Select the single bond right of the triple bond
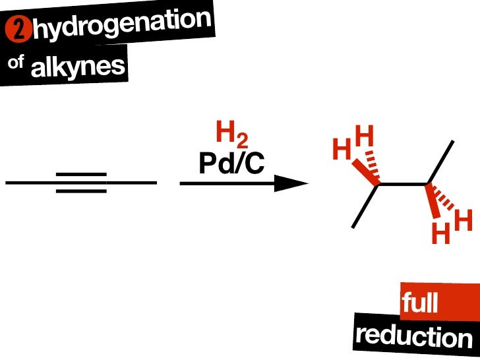pyautogui.click(x=132, y=183)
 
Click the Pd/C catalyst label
pyautogui.click(x=231, y=164)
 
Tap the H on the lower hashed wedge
pyautogui.click(x=463, y=221)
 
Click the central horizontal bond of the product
pyautogui.click(x=404, y=184)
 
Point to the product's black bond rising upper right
pyautogui.click(x=441, y=162)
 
